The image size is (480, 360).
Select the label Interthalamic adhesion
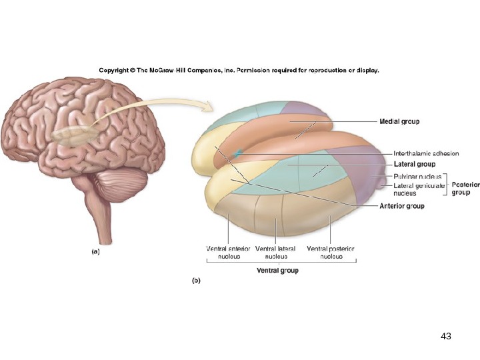(x=426, y=154)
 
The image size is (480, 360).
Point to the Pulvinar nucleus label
(x=418, y=176)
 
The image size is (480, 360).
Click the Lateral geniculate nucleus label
(x=419, y=189)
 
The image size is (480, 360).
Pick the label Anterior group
(x=402, y=207)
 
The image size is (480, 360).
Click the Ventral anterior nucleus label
(x=229, y=252)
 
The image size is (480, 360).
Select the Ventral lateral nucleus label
(x=275, y=252)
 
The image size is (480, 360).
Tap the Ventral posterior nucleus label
(x=331, y=252)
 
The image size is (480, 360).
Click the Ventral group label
(x=278, y=271)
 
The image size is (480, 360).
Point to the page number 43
(x=446, y=337)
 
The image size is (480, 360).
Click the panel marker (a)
(x=95, y=252)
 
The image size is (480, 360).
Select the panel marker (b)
(x=197, y=281)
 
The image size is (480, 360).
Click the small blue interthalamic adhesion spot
(x=238, y=155)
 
